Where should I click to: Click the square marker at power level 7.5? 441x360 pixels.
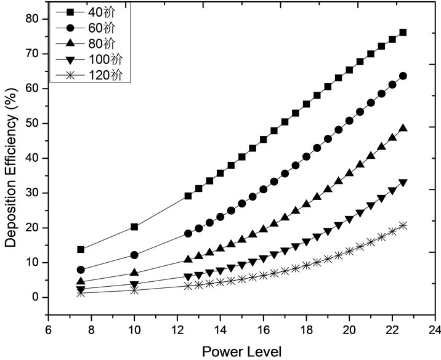(81, 249)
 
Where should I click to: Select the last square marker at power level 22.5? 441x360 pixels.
(403, 32)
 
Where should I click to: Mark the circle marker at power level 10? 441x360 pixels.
(134, 255)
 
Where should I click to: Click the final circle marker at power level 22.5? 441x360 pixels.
(403, 76)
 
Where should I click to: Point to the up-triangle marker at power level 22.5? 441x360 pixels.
(403, 128)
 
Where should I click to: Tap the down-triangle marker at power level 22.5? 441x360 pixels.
(403, 183)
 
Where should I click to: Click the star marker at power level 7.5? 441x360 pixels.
(81, 293)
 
